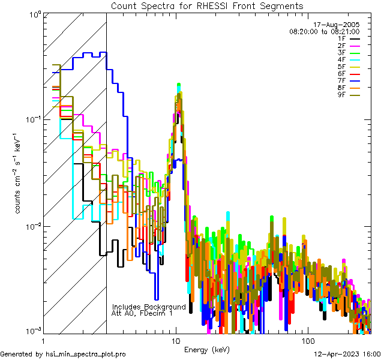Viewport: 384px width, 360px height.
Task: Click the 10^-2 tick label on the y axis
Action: pyautogui.click(x=32, y=226)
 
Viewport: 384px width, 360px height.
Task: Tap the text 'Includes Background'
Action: pyautogui.click(x=149, y=307)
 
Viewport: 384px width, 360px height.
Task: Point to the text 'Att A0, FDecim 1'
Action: pyautogui.click(x=142, y=313)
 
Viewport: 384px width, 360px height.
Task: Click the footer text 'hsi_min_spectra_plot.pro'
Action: pyautogui.click(x=86, y=354)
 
